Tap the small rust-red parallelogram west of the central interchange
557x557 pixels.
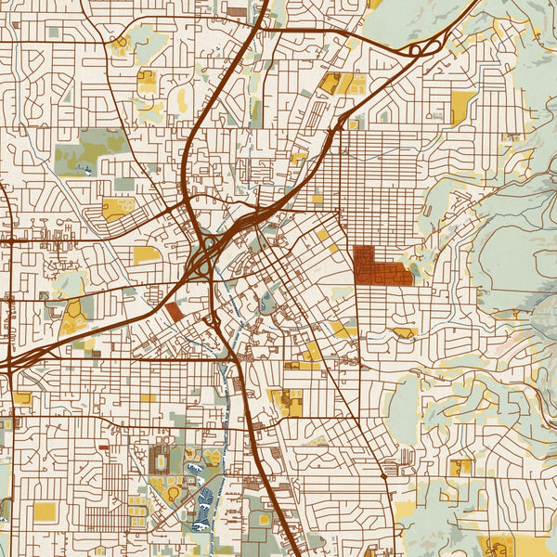[175, 312]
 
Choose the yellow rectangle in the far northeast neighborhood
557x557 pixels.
[461, 106]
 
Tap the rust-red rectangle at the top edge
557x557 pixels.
[238, 12]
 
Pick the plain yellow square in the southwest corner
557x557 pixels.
[45, 512]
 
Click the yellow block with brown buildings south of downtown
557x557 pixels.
[288, 401]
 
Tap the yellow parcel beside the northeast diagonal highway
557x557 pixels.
[338, 84]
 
